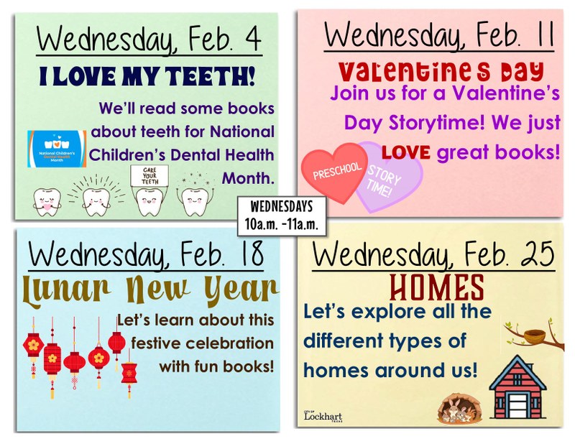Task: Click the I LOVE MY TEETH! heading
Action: [147, 75]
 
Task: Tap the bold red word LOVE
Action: [406, 152]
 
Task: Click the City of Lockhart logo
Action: [320, 416]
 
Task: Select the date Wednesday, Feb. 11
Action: [438, 34]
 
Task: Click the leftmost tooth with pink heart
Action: [45, 202]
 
